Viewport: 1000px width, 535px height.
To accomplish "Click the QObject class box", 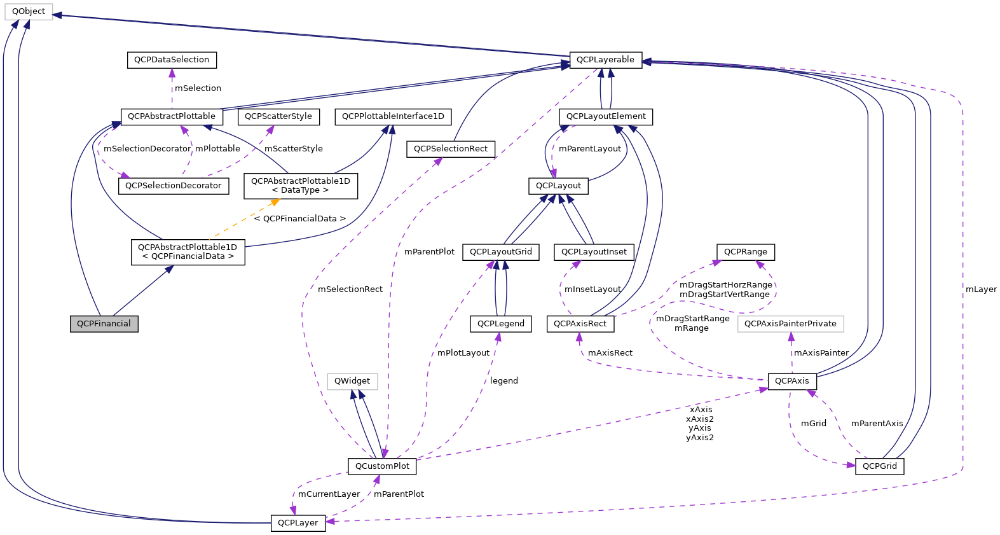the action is [x=29, y=11].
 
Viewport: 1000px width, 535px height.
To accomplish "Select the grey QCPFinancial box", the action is [x=104, y=324].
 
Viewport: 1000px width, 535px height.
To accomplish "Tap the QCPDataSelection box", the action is [x=172, y=60].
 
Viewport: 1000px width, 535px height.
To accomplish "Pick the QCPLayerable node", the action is [x=605, y=60].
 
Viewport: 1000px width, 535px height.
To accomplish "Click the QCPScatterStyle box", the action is [x=278, y=116].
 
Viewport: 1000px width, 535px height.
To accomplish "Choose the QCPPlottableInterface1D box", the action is [x=393, y=116].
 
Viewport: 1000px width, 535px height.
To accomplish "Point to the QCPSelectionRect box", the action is [x=450, y=149].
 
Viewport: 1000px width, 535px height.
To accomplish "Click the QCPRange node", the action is [x=745, y=252].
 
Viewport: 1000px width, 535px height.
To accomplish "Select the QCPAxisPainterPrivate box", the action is [x=790, y=324].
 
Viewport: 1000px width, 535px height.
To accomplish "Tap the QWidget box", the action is [x=352, y=381].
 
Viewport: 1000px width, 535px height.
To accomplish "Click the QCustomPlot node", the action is [x=382, y=466].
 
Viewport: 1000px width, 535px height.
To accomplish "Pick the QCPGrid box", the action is [x=879, y=466].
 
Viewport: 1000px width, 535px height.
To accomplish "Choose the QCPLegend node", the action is [x=500, y=324].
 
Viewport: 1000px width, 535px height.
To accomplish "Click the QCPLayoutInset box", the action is [x=594, y=252].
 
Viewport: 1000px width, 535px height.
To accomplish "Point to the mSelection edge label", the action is [x=198, y=88].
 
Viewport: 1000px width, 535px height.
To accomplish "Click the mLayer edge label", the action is [x=980, y=289].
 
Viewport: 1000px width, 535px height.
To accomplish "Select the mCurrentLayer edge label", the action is [x=329, y=494].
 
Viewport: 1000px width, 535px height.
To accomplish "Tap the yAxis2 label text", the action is [x=699, y=438].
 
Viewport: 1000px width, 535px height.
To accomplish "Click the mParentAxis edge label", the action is [x=877, y=424].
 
